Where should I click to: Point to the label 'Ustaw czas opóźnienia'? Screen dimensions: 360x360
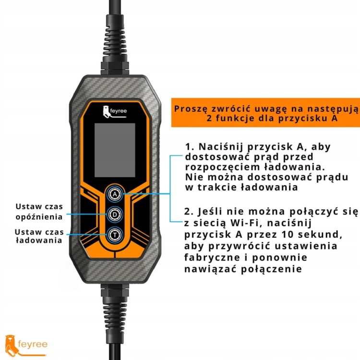click(38, 212)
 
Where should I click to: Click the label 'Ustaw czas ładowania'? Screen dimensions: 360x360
click(38, 236)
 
